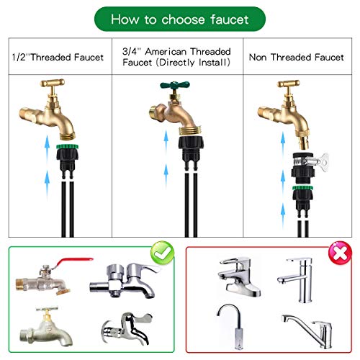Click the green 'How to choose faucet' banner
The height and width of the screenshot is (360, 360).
click(x=180, y=19)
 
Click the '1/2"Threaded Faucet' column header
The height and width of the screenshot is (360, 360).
click(x=58, y=57)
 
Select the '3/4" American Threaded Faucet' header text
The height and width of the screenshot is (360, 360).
click(x=176, y=57)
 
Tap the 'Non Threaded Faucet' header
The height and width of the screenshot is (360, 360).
click(x=297, y=57)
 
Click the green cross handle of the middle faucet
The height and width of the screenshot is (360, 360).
click(x=175, y=85)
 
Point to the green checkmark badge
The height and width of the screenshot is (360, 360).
click(x=162, y=253)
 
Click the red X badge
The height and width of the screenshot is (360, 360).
click(x=340, y=253)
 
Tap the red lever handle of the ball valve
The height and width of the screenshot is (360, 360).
click(x=73, y=263)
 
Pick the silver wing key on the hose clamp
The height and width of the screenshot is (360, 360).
click(x=323, y=163)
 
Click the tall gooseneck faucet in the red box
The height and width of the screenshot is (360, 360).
click(x=234, y=327)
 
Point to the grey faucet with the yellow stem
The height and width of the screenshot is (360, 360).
click(x=45, y=326)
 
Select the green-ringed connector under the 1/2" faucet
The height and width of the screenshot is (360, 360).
click(x=68, y=161)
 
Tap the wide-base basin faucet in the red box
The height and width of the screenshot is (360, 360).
click(x=239, y=276)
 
